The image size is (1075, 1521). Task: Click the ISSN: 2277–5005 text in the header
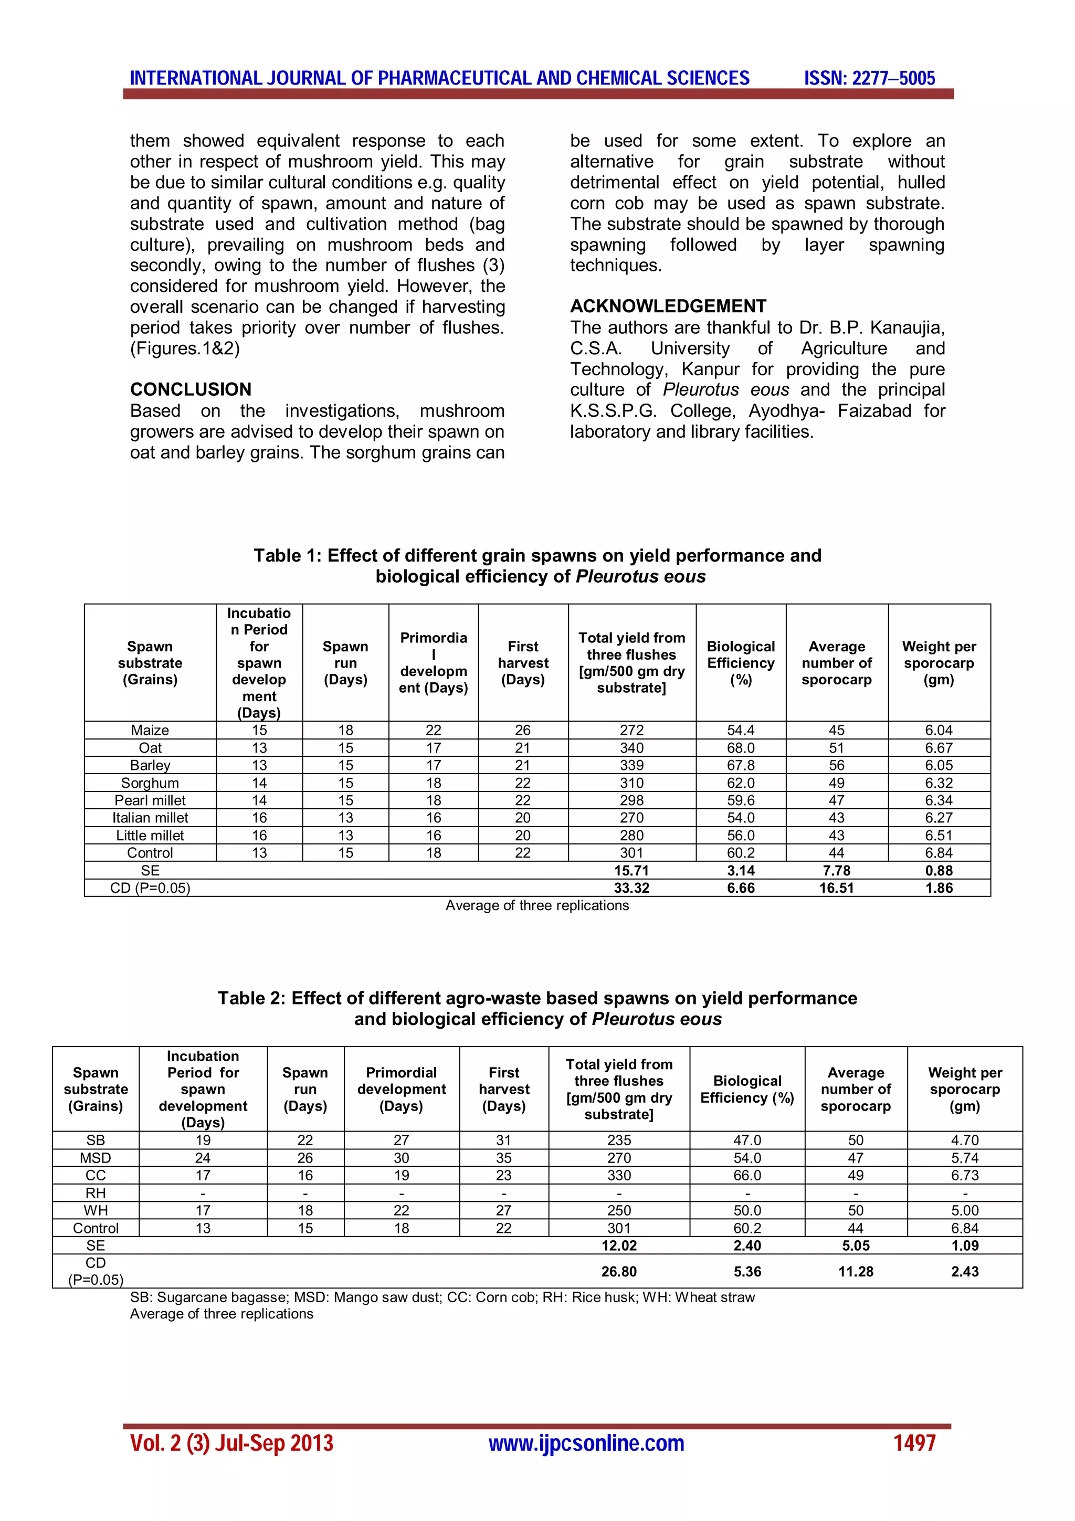(869, 78)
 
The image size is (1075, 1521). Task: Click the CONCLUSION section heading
(191, 389)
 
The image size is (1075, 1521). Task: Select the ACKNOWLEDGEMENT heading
(668, 306)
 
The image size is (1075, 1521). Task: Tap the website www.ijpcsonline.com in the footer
(586, 1443)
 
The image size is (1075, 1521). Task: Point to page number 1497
(914, 1443)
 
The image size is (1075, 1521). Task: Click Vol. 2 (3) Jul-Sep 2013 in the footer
(232, 1443)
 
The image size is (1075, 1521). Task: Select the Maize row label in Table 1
(150, 730)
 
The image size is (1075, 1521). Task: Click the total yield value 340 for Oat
(631, 748)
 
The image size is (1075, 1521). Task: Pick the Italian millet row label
(150, 818)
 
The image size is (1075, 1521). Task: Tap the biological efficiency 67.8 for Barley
(741, 765)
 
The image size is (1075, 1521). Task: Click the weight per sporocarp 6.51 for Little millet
(939, 836)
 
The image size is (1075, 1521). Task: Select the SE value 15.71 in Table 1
(631, 871)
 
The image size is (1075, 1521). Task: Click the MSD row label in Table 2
(96, 1158)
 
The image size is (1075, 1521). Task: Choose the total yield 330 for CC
(619, 1175)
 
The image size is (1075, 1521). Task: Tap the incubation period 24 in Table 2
(203, 1158)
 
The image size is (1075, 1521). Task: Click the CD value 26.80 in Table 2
(619, 1271)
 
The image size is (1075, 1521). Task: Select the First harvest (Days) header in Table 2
(504, 1089)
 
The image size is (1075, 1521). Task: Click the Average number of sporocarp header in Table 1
(837, 662)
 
